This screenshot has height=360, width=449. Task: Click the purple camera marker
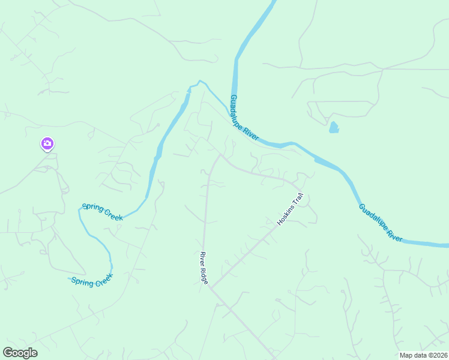point(47,144)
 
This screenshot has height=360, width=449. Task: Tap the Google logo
point(20,353)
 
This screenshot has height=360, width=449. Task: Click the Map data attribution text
point(424,355)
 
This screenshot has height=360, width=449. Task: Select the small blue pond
point(333,127)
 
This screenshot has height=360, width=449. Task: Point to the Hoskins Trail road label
point(291,209)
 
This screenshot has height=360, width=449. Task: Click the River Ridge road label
point(204,268)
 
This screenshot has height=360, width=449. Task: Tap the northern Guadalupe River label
point(244,118)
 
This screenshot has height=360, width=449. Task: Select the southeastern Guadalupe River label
point(381,223)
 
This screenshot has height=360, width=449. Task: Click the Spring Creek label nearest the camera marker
point(103,211)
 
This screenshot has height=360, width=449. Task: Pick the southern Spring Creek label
point(92,281)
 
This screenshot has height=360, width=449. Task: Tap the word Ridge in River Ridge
point(205,276)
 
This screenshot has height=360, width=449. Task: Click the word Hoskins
point(286,214)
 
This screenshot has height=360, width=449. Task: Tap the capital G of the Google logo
point(8,352)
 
